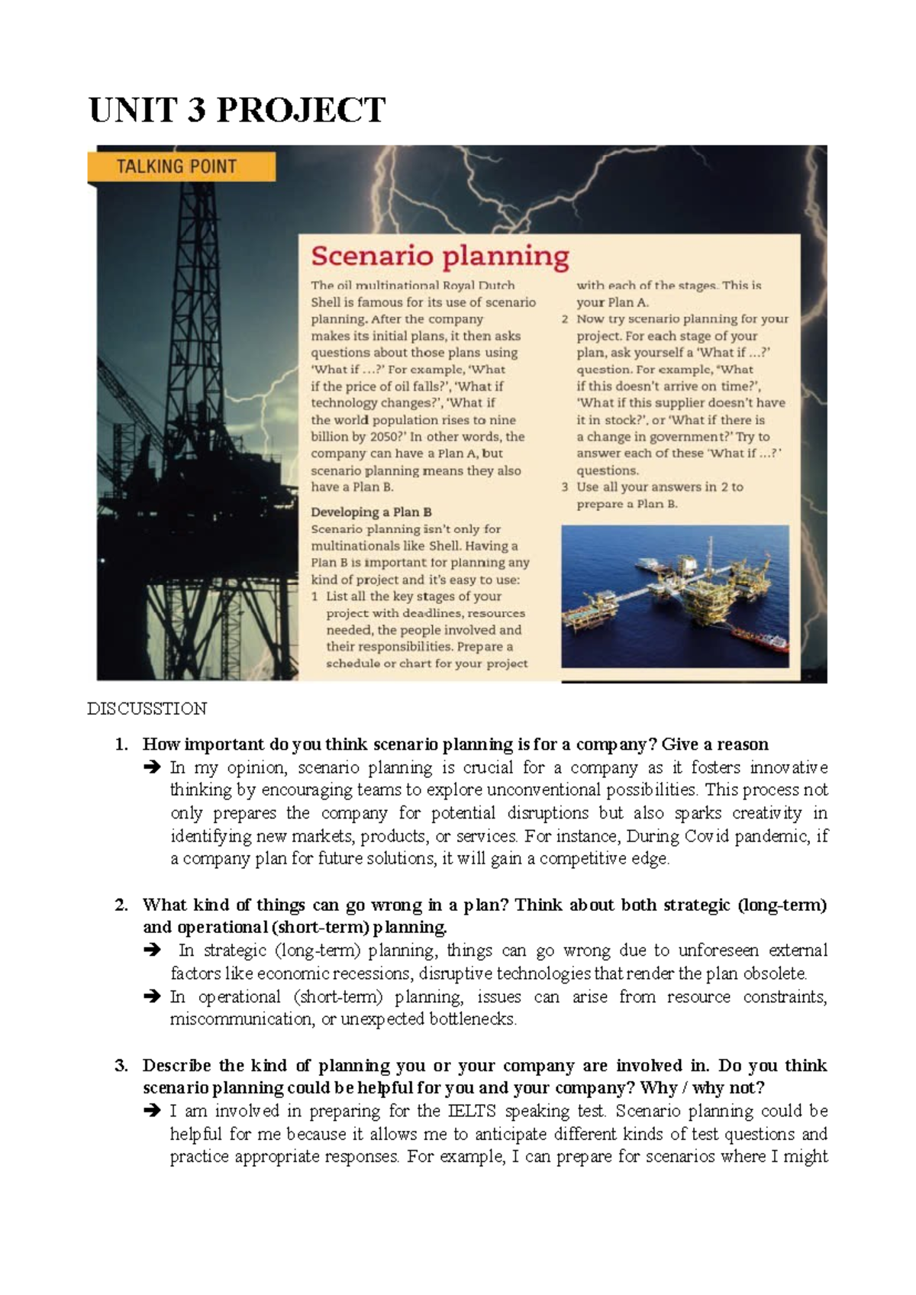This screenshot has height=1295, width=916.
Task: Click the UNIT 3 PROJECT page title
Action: [237, 110]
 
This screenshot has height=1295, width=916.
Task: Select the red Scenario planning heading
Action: [440, 257]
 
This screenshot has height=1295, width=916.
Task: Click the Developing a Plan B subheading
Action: [371, 512]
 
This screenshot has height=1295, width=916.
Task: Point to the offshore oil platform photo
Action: [675, 596]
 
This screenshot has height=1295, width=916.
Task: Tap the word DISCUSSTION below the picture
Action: [147, 709]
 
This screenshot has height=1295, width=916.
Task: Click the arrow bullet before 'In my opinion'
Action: [151, 767]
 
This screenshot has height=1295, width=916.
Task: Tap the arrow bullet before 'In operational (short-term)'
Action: [151, 996]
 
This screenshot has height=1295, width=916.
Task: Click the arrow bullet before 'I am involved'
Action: [151, 1111]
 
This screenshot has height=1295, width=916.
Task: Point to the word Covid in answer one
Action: [707, 836]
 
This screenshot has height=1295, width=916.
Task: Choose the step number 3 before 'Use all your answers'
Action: [565, 487]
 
